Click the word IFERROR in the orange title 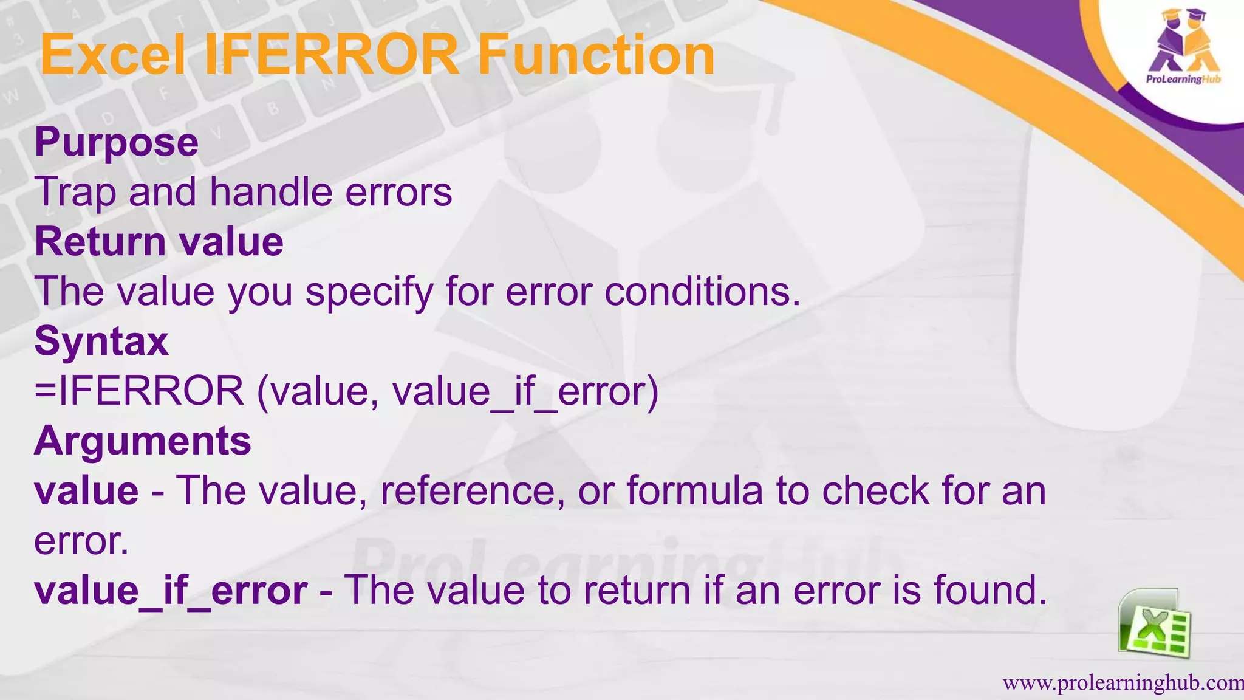coord(331,55)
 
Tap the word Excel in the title coord(113,55)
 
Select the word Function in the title coord(596,55)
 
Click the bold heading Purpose coord(117,143)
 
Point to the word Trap coord(75,193)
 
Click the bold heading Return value coord(159,242)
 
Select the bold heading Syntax coord(101,341)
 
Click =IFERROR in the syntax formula coord(139,391)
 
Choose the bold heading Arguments coord(143,441)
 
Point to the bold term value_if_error coord(171,591)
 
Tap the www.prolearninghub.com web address coord(1123,683)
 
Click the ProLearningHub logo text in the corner coord(1183,79)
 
